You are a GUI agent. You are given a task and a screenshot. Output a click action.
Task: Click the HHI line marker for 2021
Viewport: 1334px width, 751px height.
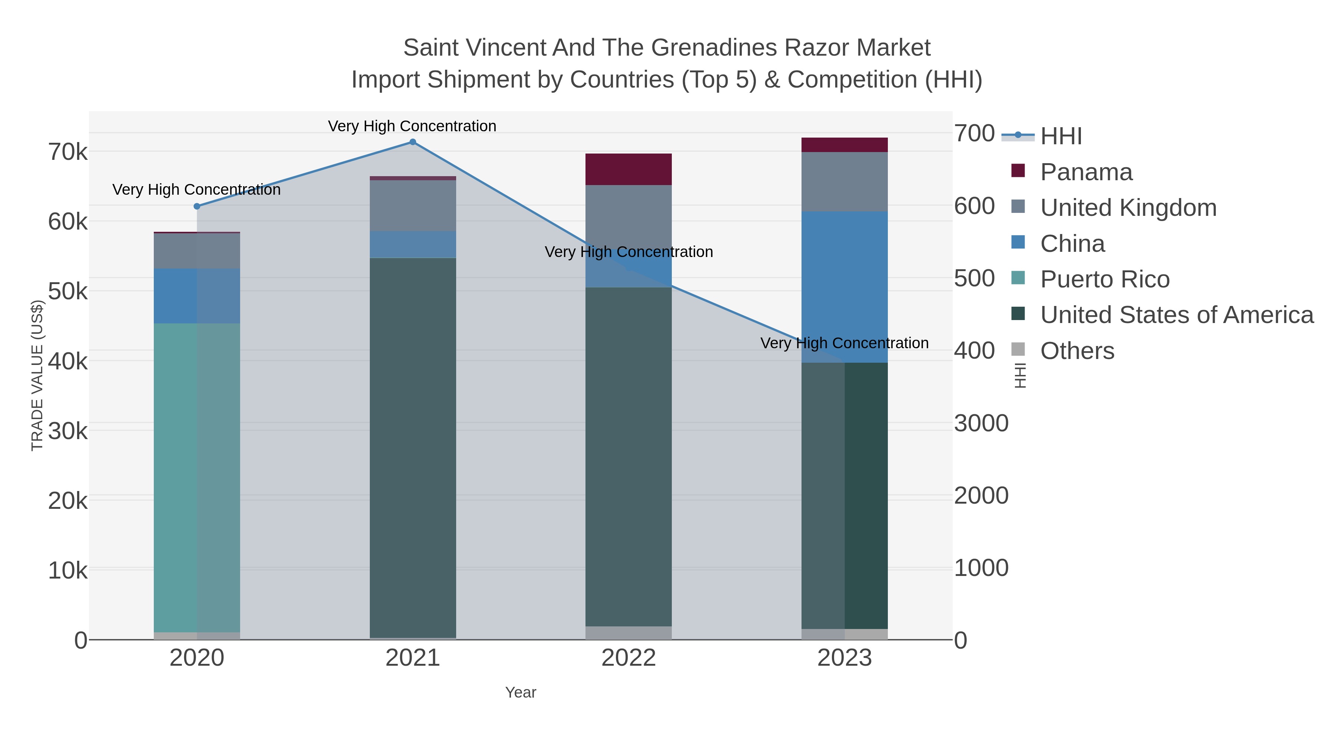pos(413,142)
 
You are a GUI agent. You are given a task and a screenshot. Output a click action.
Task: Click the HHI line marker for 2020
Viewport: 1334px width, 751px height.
pos(197,206)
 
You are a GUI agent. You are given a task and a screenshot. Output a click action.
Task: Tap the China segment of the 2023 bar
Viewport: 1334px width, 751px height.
pos(844,287)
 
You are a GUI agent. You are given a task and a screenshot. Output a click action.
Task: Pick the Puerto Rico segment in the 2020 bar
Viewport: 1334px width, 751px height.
pos(197,477)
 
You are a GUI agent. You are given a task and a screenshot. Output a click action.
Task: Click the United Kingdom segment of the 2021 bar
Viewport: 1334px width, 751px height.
pos(413,206)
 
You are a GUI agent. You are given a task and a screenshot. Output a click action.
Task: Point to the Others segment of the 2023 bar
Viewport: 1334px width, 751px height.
pos(844,634)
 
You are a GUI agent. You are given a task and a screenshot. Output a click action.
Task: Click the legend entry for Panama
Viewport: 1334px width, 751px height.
pos(1086,172)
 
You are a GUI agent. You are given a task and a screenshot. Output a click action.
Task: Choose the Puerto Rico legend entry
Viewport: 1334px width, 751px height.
pos(1105,279)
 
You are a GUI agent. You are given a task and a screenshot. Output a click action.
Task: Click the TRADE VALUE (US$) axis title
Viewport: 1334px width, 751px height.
pos(37,375)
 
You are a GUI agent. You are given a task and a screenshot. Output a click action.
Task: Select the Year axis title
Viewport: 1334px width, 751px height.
pos(521,692)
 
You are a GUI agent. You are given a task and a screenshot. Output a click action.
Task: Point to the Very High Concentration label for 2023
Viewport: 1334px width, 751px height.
pos(844,343)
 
